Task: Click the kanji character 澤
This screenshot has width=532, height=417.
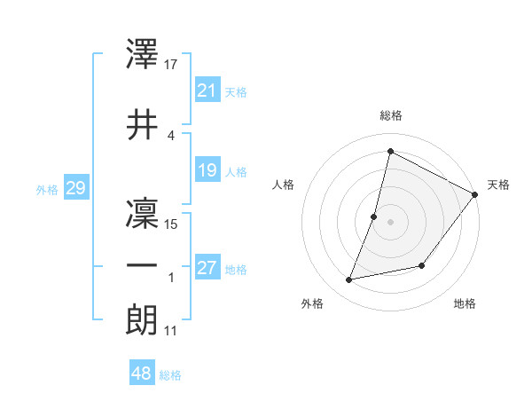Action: [143, 55]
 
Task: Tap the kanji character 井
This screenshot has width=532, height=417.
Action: [143, 124]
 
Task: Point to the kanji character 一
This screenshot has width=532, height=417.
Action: [143, 265]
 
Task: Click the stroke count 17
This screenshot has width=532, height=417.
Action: [172, 65]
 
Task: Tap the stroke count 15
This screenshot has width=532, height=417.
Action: [172, 224]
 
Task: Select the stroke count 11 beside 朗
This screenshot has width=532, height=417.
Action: [171, 331]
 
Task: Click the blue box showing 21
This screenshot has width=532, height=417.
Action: [207, 90]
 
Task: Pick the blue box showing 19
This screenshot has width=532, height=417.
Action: [207, 170]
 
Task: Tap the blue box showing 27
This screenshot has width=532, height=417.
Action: [207, 268]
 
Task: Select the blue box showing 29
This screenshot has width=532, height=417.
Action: [75, 188]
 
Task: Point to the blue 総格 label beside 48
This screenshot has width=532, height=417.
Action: [171, 375]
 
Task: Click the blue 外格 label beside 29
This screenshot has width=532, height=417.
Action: [47, 189]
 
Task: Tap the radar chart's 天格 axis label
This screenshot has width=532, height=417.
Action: [498, 185]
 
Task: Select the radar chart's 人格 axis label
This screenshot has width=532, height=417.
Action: [284, 185]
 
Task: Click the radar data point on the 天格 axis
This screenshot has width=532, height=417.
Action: [474, 194]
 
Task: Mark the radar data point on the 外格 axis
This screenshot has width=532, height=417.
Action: [349, 279]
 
